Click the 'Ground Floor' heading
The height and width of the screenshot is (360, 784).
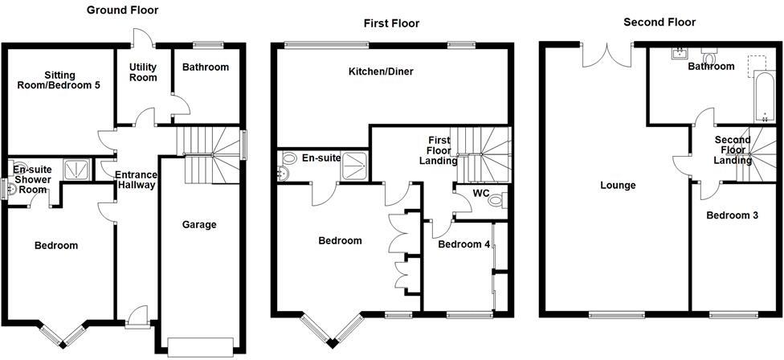(x=122, y=10)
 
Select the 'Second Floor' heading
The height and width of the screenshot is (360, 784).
(x=659, y=22)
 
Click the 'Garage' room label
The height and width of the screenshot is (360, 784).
(x=198, y=225)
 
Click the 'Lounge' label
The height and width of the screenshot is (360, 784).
(x=618, y=186)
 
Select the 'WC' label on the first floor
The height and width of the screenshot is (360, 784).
(x=481, y=194)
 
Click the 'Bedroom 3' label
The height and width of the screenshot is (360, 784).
(x=730, y=215)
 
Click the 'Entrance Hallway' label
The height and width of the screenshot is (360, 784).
(x=135, y=180)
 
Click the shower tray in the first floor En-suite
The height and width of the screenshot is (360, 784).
(x=354, y=166)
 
